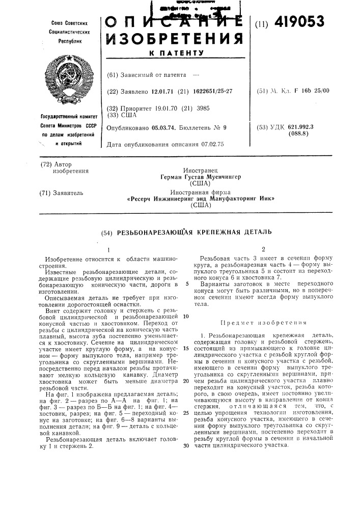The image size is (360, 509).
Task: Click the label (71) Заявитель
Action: pos(61,193)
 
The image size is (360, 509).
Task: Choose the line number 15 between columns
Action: pos(186,348)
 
